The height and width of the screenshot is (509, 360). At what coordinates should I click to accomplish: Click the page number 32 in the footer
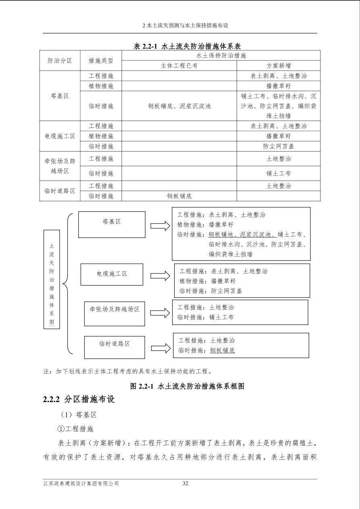coord(185,484)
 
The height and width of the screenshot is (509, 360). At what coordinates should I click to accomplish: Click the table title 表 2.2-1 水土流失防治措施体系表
coord(187,46)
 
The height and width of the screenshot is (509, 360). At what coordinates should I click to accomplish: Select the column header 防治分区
coord(60,60)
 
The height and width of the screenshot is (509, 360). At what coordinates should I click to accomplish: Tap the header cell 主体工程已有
coord(179,66)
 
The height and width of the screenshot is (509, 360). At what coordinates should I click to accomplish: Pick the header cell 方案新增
coord(278,66)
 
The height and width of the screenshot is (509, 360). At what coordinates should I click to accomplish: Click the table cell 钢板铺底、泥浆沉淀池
coord(179,106)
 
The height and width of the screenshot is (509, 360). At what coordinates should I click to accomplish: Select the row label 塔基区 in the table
coord(60,96)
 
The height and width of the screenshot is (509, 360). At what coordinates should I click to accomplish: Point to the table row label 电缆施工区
coord(60,136)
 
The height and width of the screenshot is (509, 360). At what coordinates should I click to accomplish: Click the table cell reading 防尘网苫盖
coord(278,146)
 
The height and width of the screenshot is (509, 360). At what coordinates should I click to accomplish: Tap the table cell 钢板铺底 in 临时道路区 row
coord(179,196)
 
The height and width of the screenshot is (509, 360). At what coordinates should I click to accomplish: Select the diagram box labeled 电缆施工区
coord(112,274)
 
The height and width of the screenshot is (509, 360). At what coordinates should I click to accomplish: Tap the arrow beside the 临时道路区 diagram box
coord(160,348)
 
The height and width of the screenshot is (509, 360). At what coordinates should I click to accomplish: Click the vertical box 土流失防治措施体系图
coord(52,279)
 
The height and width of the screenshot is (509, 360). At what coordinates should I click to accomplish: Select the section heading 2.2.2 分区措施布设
coord(79,399)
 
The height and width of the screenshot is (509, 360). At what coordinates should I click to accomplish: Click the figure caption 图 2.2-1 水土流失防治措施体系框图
coord(187,386)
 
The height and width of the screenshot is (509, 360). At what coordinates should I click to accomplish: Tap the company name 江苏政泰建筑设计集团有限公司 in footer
coord(81,484)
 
